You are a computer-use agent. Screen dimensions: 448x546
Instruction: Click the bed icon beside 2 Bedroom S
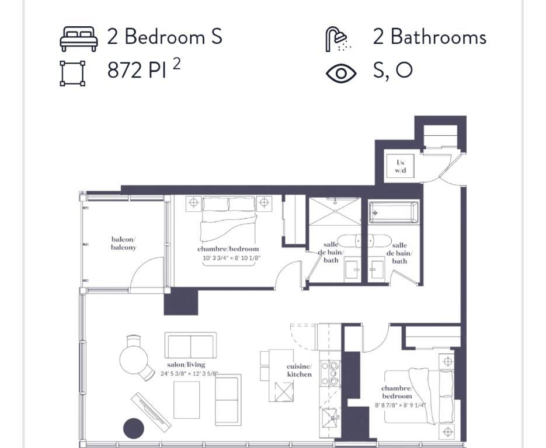click(x=79, y=38)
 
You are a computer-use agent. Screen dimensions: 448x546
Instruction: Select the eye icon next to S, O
click(x=341, y=73)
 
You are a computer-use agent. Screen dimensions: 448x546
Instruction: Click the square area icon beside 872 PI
click(x=73, y=73)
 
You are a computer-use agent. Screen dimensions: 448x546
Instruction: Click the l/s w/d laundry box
click(x=401, y=166)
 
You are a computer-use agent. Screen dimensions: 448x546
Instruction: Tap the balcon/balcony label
click(x=123, y=243)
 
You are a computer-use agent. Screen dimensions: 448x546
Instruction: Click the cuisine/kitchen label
click(x=299, y=370)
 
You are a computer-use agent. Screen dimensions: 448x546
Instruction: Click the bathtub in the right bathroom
click(x=394, y=212)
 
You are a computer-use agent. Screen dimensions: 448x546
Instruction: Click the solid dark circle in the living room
click(x=134, y=429)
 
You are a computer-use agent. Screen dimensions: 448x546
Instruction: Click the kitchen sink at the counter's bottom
click(x=331, y=418)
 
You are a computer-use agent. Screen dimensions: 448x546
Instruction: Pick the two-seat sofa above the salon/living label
click(x=190, y=345)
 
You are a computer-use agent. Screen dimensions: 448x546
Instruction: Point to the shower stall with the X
click(x=335, y=211)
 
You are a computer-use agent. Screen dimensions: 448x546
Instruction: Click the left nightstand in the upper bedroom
click(x=193, y=203)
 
